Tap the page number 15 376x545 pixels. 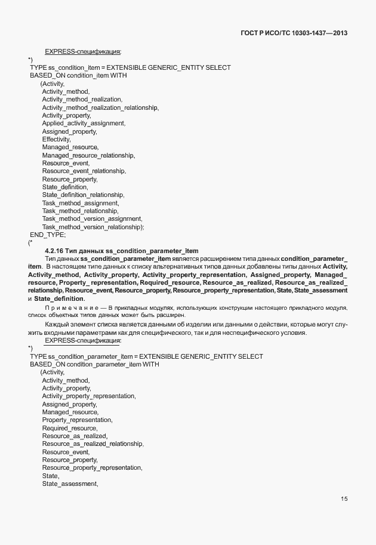point(344,499)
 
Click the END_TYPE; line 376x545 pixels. point(48,235)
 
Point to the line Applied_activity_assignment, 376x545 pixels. point(84,123)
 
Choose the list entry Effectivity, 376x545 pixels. point(56,139)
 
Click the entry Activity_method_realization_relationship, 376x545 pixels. point(100,107)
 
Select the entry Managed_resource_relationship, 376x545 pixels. point(88,155)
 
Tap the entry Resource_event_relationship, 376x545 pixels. point(84,171)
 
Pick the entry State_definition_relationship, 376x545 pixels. point(83,195)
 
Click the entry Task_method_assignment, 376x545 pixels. point(80,203)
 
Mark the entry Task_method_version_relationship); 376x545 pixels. point(93,227)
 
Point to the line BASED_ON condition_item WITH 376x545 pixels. point(78,76)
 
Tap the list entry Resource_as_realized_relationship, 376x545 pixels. point(93,444)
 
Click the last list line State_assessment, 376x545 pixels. point(70,484)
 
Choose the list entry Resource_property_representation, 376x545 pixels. point(92,467)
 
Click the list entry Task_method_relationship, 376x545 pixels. point(80,211)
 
